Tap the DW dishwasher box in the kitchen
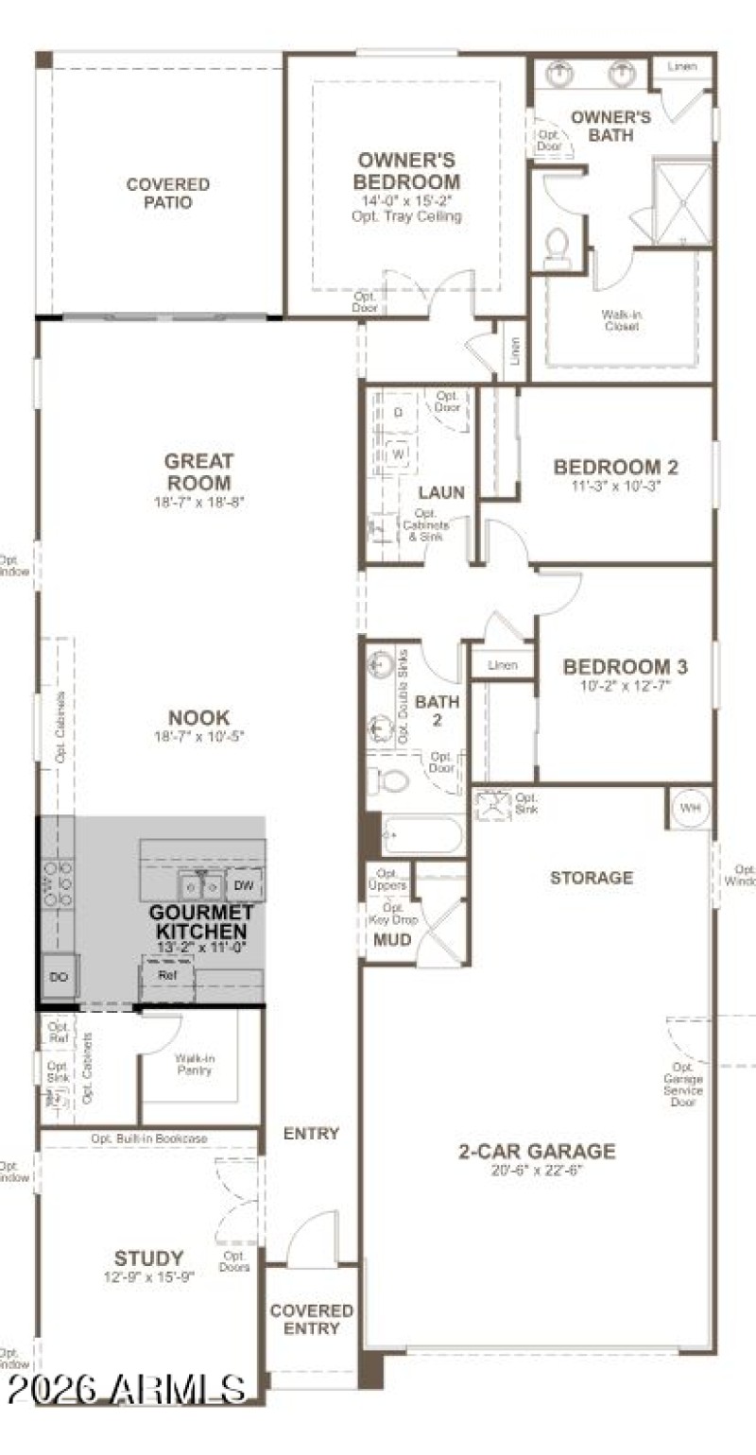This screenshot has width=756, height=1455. pyautogui.click(x=243, y=885)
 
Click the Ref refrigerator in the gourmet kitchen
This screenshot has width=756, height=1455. pyautogui.click(x=167, y=975)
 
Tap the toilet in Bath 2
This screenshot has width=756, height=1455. pyautogui.click(x=391, y=780)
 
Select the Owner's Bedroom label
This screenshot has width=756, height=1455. pyautogui.click(x=408, y=171)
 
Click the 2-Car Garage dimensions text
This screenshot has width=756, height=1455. pyautogui.click(x=536, y=1170)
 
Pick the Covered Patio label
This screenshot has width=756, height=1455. pyautogui.click(x=167, y=193)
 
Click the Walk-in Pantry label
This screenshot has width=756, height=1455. pyautogui.click(x=194, y=1064)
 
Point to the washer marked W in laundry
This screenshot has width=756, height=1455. pyautogui.click(x=398, y=454)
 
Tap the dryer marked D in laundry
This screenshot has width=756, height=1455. pyautogui.click(x=398, y=413)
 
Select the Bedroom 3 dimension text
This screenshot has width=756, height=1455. pyautogui.click(x=626, y=686)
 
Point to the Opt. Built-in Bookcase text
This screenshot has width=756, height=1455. pyautogui.click(x=148, y=1138)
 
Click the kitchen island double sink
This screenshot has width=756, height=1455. pyautogui.click(x=200, y=885)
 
